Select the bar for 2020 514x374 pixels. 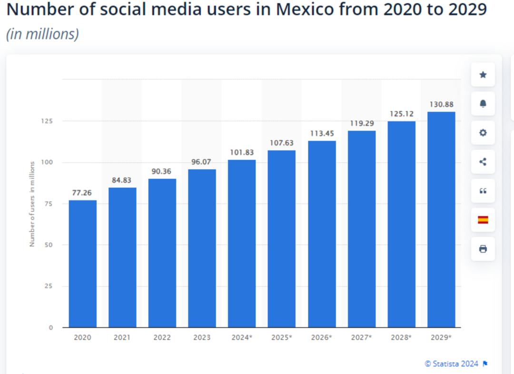tap(82, 264)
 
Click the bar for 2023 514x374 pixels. tap(202, 248)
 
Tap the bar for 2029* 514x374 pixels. tap(441, 219)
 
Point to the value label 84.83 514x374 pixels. tap(122, 180)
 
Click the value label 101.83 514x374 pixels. tap(242, 153)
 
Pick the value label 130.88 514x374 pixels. tap(441, 104)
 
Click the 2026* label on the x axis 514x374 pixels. tap(321, 337)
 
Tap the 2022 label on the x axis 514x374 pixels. tap(162, 337)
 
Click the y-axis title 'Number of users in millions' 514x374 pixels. tap(32, 204)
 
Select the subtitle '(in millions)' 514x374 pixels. tap(42, 34)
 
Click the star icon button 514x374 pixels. tap(483, 75)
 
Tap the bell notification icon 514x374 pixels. tap(483, 104)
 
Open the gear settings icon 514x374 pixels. tap(483, 133)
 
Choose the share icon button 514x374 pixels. tap(483, 162)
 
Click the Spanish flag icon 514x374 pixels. tap(483, 220)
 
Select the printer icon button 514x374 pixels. tap(483, 249)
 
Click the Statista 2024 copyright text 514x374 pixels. tap(452, 364)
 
